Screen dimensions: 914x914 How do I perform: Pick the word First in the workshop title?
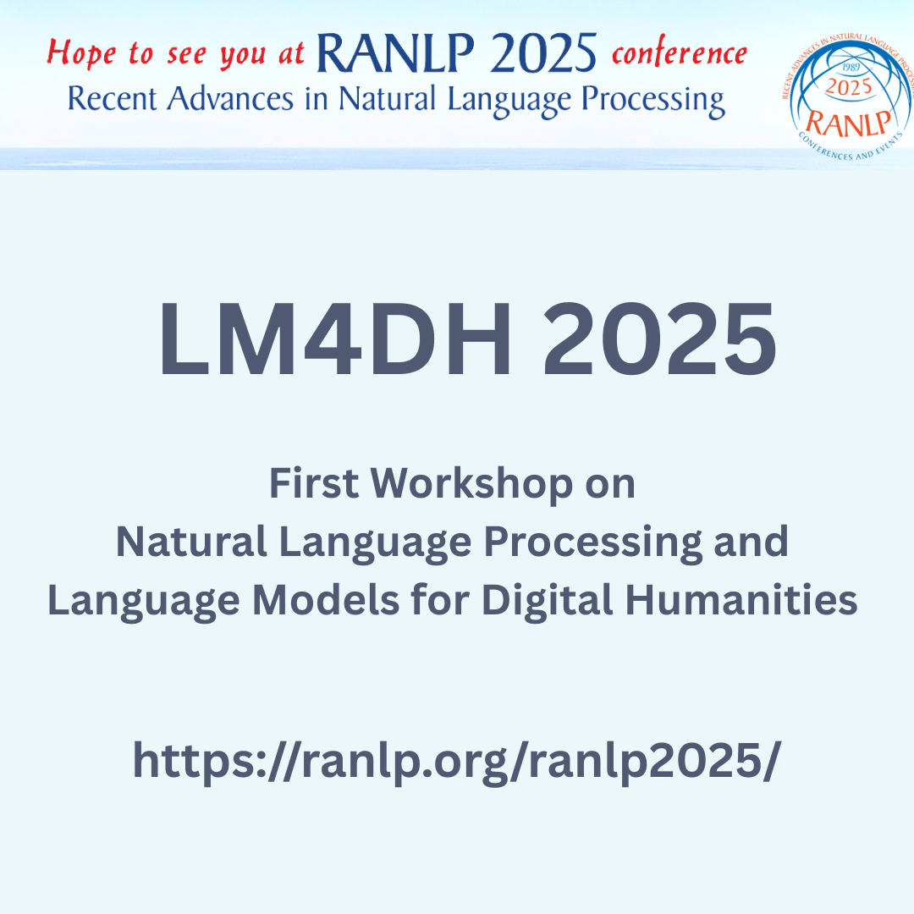coord(314,485)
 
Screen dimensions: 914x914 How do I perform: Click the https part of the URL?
coord(191,762)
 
